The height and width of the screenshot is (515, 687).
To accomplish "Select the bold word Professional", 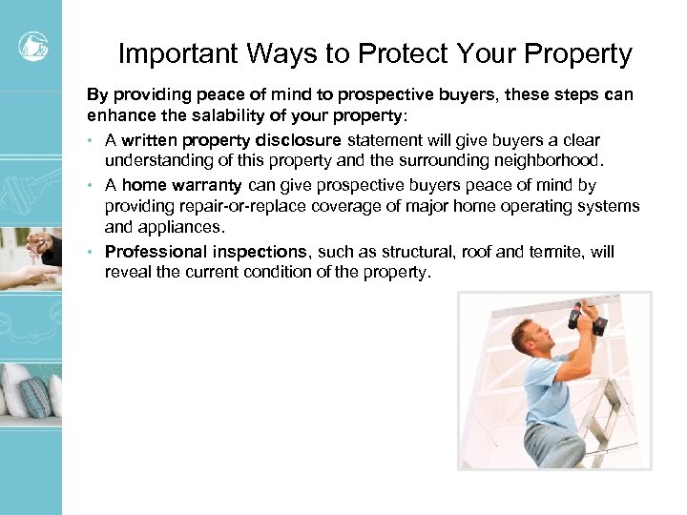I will coord(156,252).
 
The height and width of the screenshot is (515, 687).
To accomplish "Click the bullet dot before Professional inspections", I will coord(92,252).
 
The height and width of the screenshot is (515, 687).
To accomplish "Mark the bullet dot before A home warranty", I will coord(92,185).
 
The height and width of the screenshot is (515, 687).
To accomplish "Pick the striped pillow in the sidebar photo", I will coord(37,396).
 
